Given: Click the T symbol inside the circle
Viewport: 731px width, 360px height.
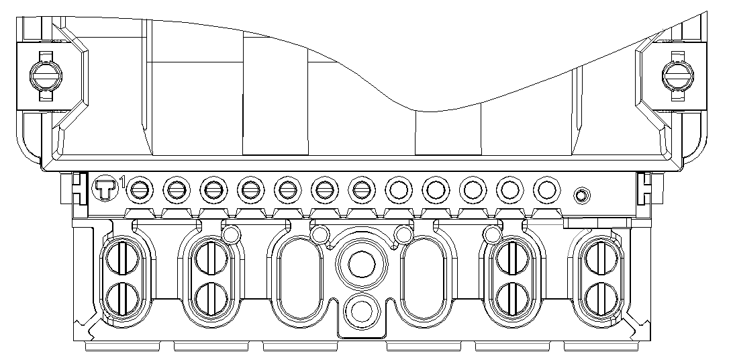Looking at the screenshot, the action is click(106, 189).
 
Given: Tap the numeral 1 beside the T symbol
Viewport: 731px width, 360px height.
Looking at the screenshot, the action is click(122, 181).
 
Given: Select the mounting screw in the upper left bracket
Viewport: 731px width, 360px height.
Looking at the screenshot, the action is click(46, 75).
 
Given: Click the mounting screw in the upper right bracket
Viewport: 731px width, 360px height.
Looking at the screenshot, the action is click(678, 75).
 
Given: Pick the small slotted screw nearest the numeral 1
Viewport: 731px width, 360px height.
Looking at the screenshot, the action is click(140, 190).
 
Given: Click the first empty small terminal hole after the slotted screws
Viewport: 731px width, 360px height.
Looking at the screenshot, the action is click(399, 190).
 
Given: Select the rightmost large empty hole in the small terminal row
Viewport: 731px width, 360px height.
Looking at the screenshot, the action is click(546, 190).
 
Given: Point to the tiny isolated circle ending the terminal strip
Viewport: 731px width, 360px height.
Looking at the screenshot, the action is click(581, 195).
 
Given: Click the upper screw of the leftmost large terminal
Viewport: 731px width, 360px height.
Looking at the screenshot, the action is click(123, 258).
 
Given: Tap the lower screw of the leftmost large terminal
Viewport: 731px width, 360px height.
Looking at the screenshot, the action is click(123, 298).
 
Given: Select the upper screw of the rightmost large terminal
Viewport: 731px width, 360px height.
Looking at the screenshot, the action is click(601, 258).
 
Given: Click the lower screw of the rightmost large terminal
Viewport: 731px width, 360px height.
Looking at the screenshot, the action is click(601, 298).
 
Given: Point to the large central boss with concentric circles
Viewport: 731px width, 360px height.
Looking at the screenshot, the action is click(361, 264).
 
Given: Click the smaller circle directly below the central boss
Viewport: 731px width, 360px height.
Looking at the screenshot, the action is click(361, 311).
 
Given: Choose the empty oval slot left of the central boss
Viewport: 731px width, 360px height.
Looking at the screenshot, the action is click(299, 278).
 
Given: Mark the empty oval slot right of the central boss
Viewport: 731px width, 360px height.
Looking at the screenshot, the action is click(424, 278).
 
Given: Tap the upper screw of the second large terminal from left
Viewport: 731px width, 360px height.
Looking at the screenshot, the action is click(211, 258).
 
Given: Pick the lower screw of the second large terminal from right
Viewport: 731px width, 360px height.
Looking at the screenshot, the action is click(512, 298).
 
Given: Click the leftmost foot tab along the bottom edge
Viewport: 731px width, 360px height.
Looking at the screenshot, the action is click(123, 347).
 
